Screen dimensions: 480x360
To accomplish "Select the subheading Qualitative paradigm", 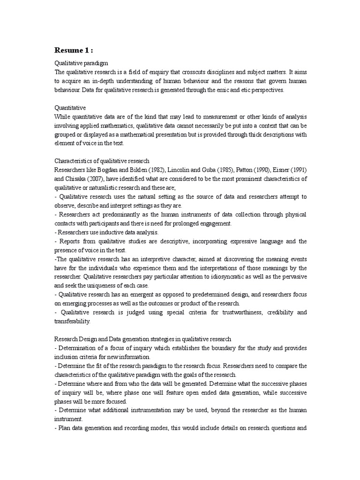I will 82,63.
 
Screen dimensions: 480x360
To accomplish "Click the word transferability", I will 73,322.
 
